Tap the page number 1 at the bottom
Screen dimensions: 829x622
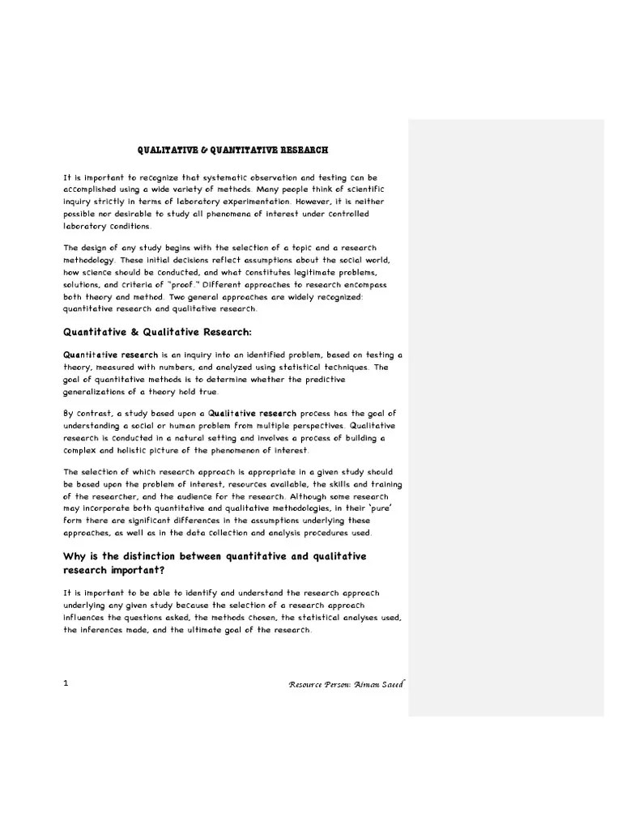[66, 682]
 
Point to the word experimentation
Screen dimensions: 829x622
[247, 202]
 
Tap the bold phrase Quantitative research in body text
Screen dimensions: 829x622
[101, 355]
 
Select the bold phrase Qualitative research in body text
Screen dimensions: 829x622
[252, 414]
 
